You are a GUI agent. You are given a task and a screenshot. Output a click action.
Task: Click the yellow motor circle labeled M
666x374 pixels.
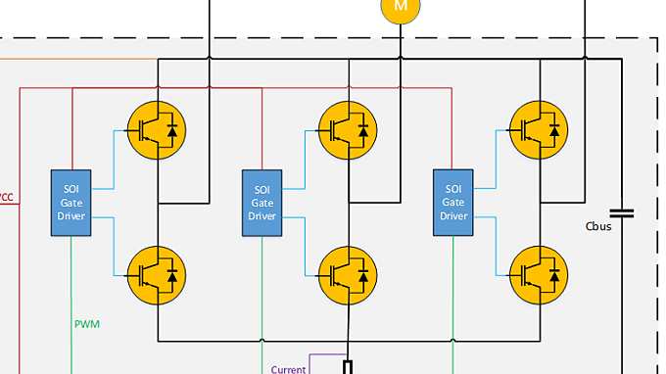tap(399, 7)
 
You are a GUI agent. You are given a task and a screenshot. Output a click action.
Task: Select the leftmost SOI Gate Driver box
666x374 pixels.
tap(71, 203)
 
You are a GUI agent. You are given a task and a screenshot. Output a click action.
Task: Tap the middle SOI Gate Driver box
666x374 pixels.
tap(262, 203)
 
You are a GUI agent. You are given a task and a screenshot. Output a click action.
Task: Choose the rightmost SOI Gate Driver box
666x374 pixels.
tap(453, 203)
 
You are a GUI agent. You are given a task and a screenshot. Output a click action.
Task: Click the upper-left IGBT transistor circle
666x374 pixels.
tap(157, 128)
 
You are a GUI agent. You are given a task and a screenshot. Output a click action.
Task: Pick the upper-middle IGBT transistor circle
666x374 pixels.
tap(348, 128)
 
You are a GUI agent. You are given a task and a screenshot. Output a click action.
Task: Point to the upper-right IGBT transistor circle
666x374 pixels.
tap(540, 128)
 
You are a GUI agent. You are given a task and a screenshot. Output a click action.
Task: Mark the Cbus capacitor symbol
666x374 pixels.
tap(621, 211)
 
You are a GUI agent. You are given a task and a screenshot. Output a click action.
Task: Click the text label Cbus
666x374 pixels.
tap(599, 227)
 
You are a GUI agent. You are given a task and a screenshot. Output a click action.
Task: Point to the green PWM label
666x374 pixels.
tap(87, 322)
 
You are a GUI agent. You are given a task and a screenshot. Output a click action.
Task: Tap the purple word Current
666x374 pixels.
tap(289, 369)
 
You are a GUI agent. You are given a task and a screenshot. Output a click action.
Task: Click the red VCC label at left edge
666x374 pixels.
tap(6, 197)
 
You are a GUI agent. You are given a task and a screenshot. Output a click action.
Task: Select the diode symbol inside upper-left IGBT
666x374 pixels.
tap(172, 128)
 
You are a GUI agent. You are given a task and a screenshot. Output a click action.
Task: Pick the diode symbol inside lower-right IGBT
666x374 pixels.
tap(555, 277)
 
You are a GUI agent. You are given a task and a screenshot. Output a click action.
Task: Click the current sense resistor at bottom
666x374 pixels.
tap(348, 368)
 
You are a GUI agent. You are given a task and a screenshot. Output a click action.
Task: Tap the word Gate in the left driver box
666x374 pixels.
tap(71, 203)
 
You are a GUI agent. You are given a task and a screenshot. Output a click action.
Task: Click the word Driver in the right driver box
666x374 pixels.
tap(453, 215)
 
